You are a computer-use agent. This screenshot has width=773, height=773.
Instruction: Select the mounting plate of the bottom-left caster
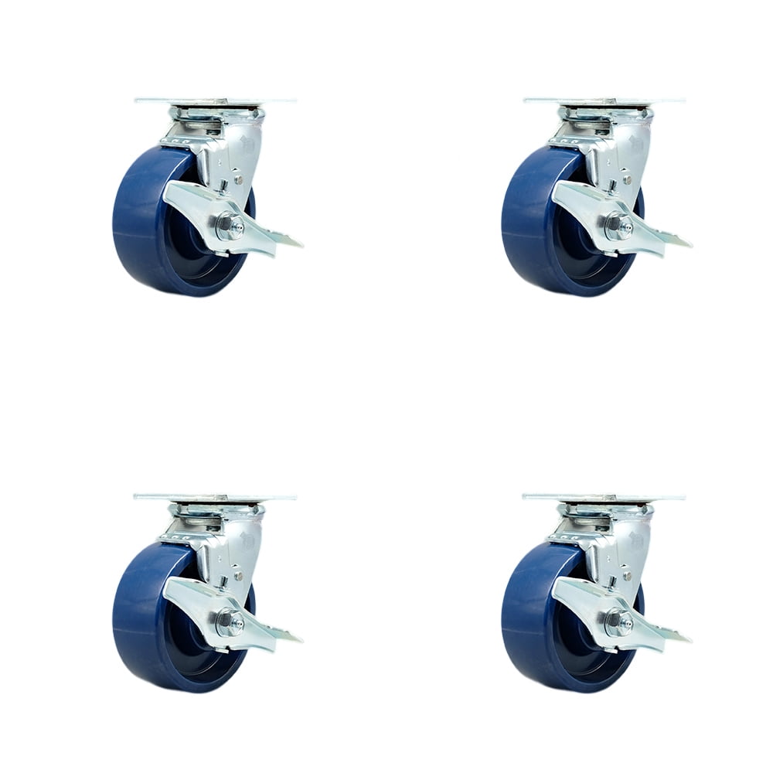click(x=214, y=496)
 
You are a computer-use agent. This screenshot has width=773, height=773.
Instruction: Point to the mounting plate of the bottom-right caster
click(x=603, y=496)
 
